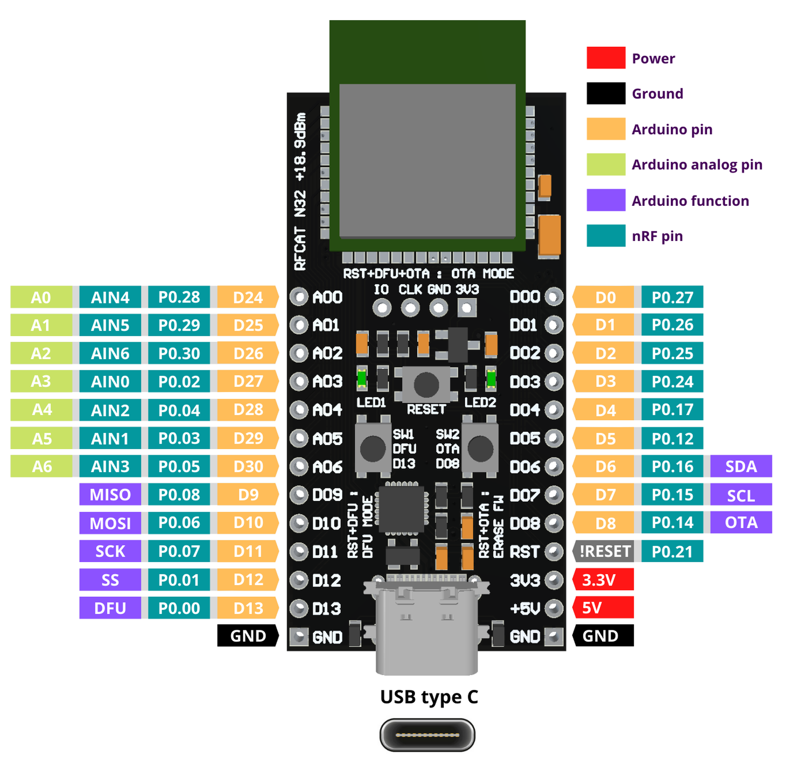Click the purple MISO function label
(x=110, y=494)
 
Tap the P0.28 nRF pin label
(x=179, y=297)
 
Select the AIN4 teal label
(x=110, y=297)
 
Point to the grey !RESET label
(x=603, y=551)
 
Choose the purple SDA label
(x=741, y=466)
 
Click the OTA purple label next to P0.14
(x=741, y=522)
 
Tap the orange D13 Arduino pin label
(x=248, y=608)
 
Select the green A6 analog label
(x=42, y=466)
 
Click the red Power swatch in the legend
(x=605, y=58)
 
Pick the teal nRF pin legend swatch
(x=605, y=235)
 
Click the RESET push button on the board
(x=426, y=384)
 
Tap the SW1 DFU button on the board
(x=372, y=448)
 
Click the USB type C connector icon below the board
(x=427, y=734)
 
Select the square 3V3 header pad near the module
(x=467, y=307)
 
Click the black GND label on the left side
(x=247, y=635)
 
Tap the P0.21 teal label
(x=672, y=551)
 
